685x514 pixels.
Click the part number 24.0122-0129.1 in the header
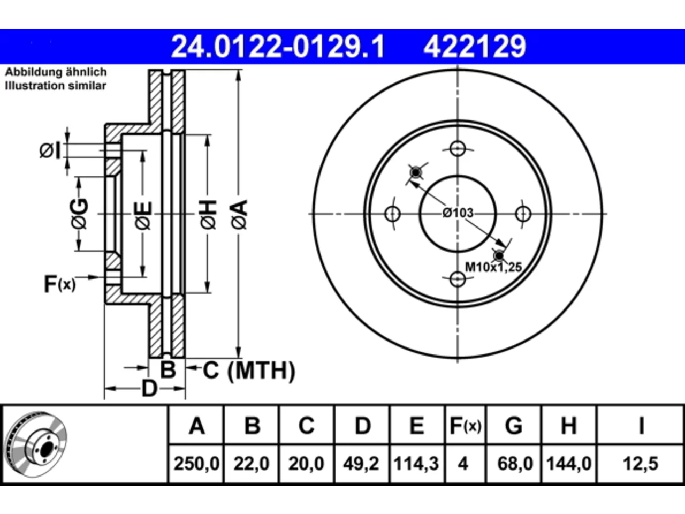(x=278, y=47)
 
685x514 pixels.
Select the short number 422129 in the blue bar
(x=475, y=47)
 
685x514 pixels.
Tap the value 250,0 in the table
(x=196, y=464)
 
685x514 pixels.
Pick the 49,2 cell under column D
(x=361, y=464)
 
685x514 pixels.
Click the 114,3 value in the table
(x=416, y=464)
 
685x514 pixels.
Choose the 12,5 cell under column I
(x=641, y=464)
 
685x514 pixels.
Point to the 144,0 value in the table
(x=568, y=464)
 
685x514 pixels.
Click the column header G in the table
(x=514, y=426)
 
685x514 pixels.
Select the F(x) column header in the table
(x=465, y=426)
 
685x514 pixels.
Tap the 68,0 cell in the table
(x=515, y=464)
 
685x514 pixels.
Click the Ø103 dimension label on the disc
(x=458, y=213)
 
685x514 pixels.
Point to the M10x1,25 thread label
(x=493, y=267)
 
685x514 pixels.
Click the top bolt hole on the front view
(x=458, y=148)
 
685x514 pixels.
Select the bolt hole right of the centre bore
(x=523, y=214)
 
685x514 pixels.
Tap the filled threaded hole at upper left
(x=416, y=172)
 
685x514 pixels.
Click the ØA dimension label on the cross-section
(x=239, y=215)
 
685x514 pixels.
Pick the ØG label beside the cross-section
(x=79, y=214)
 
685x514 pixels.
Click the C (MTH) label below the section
(x=249, y=371)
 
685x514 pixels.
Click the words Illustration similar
(x=56, y=86)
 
